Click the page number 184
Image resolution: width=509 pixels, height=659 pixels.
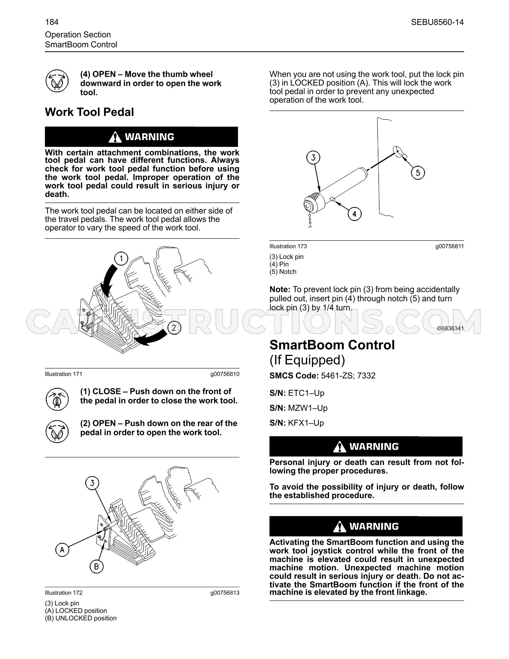[x=52, y=22]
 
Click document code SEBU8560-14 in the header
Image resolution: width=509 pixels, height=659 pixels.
[x=437, y=22]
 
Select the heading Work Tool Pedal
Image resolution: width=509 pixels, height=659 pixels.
[x=90, y=112]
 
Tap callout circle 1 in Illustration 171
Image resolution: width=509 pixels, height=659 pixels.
[x=121, y=258]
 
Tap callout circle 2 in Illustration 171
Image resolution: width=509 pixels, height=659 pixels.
[x=174, y=328]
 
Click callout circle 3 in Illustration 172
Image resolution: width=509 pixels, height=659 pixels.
[x=92, y=483]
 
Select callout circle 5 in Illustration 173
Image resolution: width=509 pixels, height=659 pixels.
[x=418, y=173]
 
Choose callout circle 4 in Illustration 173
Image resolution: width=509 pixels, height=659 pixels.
[x=355, y=214]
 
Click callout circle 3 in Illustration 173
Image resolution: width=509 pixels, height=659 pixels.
[x=313, y=157]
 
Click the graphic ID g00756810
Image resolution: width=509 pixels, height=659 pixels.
[x=225, y=374]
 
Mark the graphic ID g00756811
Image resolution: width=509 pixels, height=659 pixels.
[x=449, y=246]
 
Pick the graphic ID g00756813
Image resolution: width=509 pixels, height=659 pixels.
[x=225, y=593]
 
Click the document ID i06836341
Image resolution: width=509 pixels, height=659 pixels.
[x=450, y=328]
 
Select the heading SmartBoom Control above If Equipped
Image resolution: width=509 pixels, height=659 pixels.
[x=332, y=345]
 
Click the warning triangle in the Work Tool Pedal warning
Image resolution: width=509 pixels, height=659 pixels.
[x=115, y=137]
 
